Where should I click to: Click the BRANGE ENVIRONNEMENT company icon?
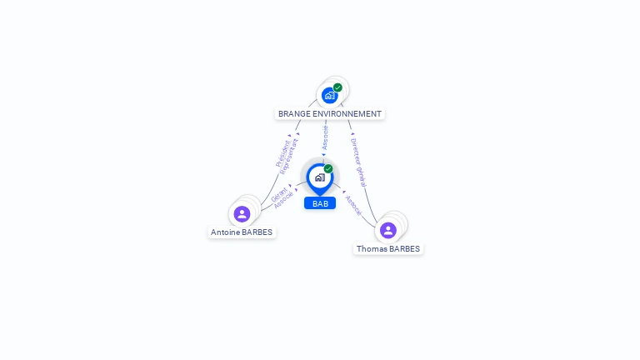329,96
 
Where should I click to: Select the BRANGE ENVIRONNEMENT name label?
330,113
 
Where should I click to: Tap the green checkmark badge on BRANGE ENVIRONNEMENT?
337,87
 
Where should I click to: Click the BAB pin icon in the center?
319,177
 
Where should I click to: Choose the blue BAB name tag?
320,203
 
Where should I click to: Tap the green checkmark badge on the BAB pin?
328,168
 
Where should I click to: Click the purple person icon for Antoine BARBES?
242,214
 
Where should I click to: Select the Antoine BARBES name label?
242,232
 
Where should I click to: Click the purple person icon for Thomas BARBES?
387,230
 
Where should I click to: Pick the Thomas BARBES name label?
388,248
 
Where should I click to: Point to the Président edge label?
282,152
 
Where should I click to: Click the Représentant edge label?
289,156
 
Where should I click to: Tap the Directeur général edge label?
358,162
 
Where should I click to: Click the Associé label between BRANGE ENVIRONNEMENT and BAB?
325,137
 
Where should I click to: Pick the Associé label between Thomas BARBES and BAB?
353,206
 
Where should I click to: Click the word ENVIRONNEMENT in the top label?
347,113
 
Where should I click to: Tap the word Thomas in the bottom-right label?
371,248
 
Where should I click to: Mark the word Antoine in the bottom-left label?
225,232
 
